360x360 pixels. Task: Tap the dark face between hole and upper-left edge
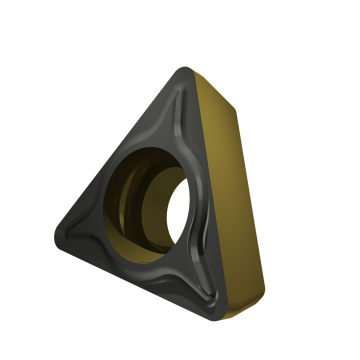(140, 150)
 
